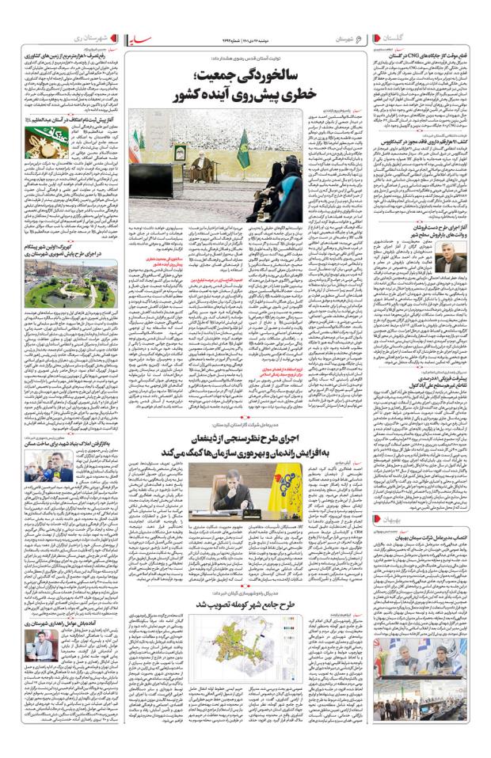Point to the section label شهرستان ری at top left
tap(78, 38)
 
